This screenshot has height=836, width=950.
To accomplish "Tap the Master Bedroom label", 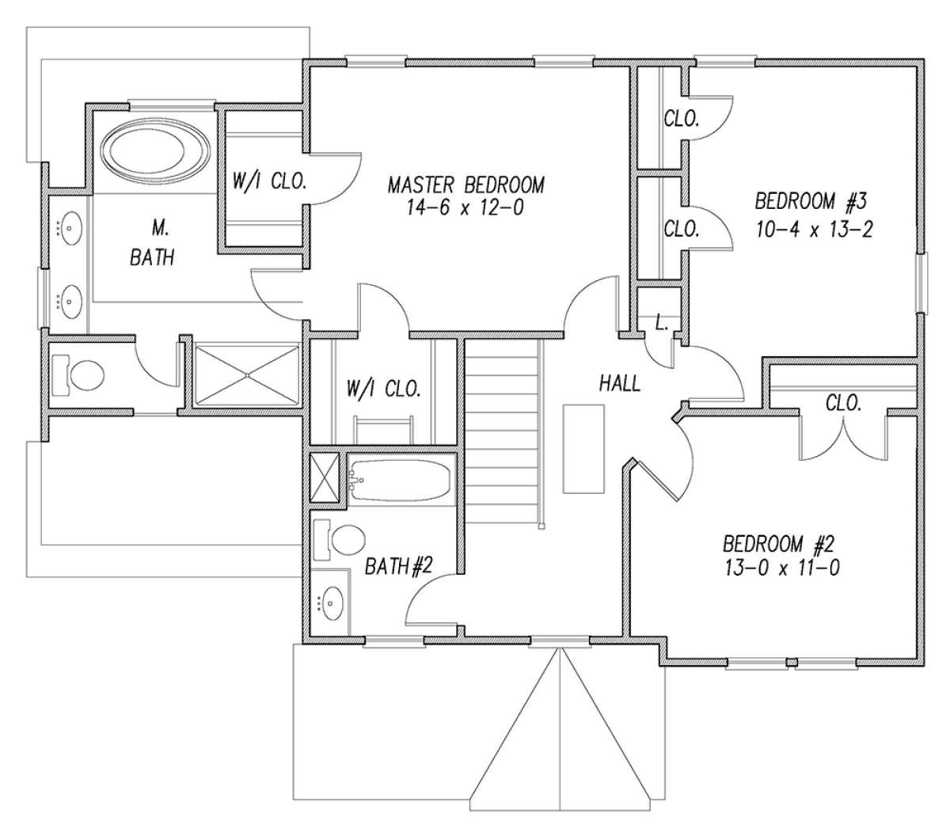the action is pyautogui.click(x=466, y=185).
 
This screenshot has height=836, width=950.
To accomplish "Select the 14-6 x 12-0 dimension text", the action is pyautogui.click(x=465, y=207).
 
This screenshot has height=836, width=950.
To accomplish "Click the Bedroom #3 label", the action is pyautogui.click(x=811, y=201).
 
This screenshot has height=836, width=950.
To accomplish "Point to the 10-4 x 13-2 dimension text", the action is pyautogui.click(x=815, y=230).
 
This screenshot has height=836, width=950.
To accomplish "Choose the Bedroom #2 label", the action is pyautogui.click(x=778, y=545).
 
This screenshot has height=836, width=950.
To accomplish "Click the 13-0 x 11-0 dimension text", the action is pyautogui.click(x=781, y=568).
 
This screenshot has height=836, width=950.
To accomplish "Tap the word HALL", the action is pyautogui.click(x=619, y=384).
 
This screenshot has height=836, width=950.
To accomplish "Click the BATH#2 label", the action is pyautogui.click(x=398, y=567).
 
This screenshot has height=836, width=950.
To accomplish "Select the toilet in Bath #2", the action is pyautogui.click(x=341, y=540).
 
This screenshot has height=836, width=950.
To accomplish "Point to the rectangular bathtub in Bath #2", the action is pyautogui.click(x=401, y=480).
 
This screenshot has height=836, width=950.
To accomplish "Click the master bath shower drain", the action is pyautogui.click(x=247, y=375).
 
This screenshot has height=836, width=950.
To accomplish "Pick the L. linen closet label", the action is pyautogui.click(x=661, y=322).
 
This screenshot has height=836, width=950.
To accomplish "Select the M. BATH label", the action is pyautogui.click(x=152, y=243).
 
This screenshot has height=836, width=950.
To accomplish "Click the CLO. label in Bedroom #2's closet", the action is pyautogui.click(x=843, y=403).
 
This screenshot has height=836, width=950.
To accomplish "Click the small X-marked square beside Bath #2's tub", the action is pyautogui.click(x=325, y=477).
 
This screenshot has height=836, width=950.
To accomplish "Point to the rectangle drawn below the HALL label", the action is pyautogui.click(x=583, y=449).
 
